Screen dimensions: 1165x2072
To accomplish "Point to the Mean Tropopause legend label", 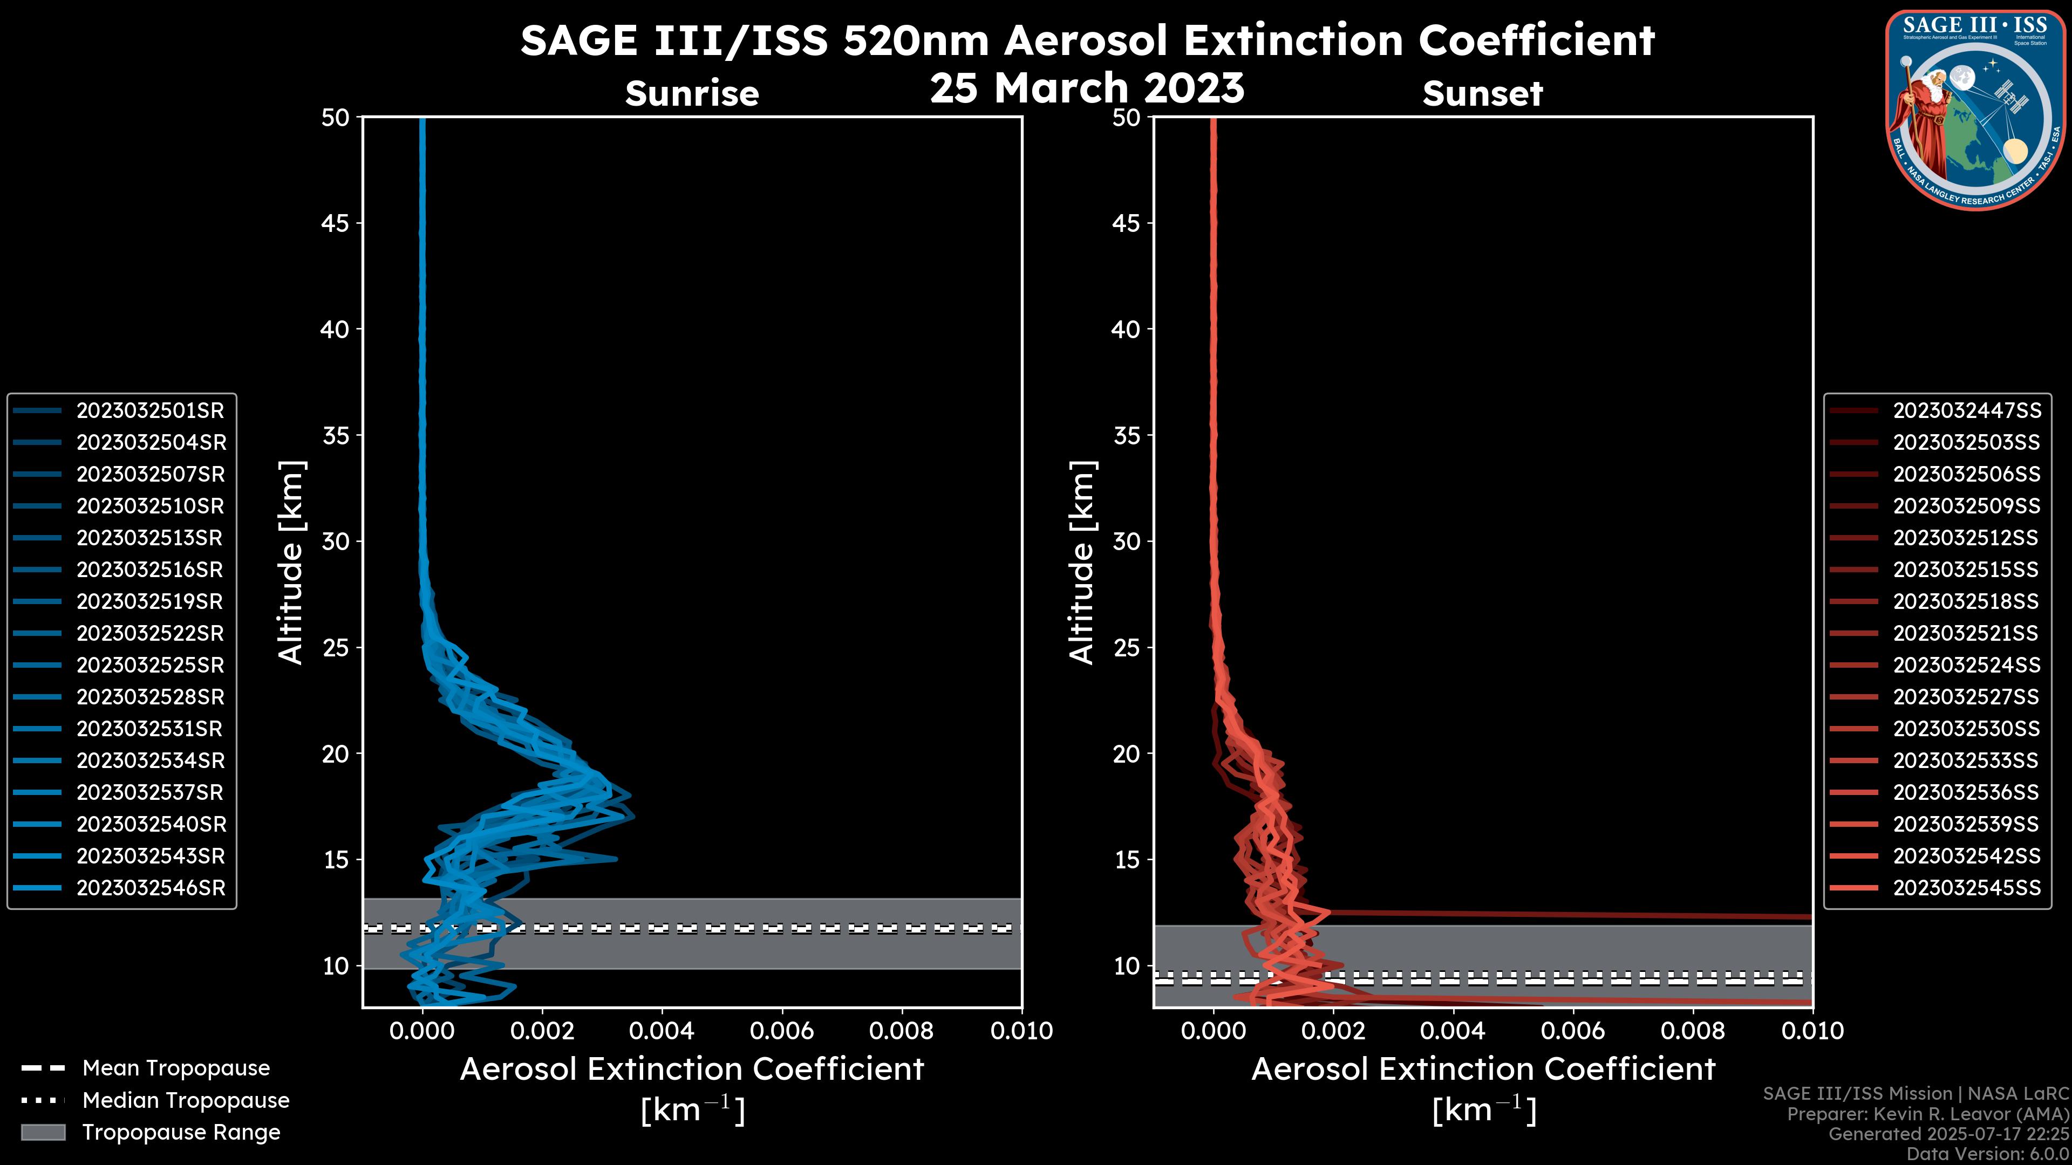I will (x=176, y=1068).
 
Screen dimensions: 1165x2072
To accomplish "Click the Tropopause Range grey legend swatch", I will (x=43, y=1132).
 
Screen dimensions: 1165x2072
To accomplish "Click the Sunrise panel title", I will (x=692, y=93).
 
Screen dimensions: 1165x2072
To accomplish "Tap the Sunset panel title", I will (x=1482, y=93).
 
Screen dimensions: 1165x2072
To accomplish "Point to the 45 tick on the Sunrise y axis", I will (x=336, y=223).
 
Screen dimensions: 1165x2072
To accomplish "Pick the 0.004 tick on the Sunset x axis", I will (x=1453, y=1031).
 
